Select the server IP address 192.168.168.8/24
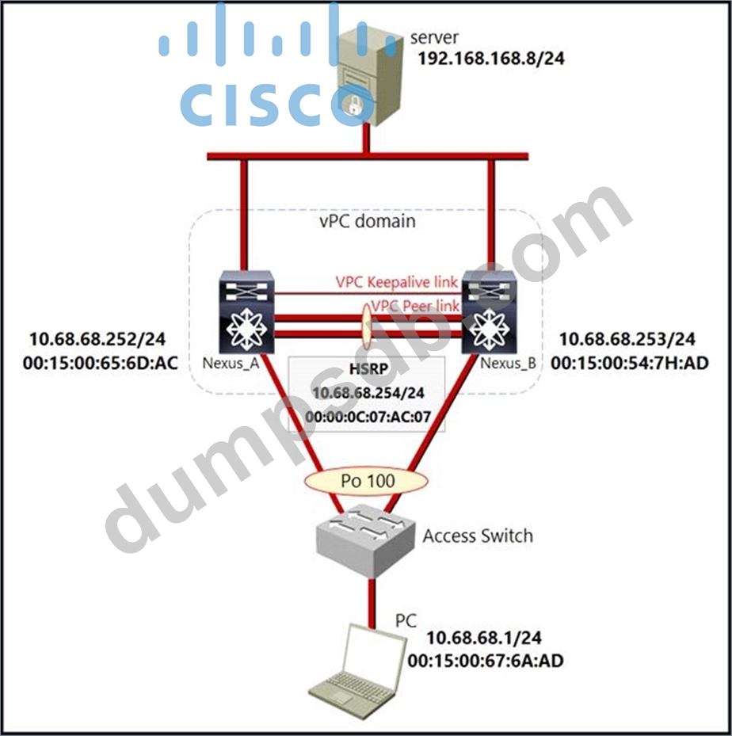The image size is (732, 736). click(490, 58)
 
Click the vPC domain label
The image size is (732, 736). click(365, 221)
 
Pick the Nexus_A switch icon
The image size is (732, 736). click(246, 313)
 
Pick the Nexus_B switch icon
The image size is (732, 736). click(489, 313)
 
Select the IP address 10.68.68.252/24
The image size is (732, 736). click(99, 339)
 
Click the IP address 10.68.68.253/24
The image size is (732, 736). click(627, 340)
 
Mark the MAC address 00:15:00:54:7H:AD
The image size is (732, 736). click(630, 363)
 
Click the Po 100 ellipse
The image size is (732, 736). click(366, 480)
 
